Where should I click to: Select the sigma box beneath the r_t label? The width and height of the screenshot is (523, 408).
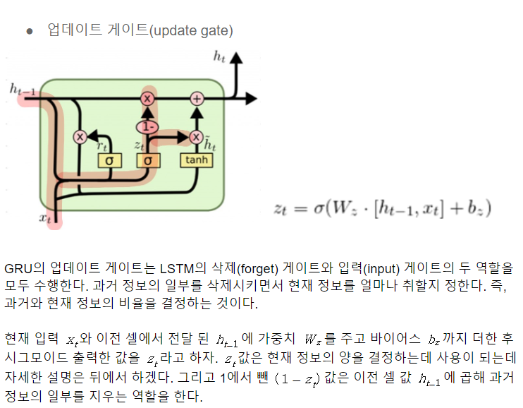point(109,160)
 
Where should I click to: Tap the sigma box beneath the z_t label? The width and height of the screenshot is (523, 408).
point(148,160)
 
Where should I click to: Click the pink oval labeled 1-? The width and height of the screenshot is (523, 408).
point(147,127)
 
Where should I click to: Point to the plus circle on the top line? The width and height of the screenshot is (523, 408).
point(197,98)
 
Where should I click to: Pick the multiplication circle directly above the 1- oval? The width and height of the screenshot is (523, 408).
point(147,98)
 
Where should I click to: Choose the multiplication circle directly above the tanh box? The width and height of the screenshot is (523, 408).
point(196,137)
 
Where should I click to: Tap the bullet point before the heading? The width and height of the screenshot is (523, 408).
point(29,30)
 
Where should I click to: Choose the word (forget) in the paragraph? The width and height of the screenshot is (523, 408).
point(256,269)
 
